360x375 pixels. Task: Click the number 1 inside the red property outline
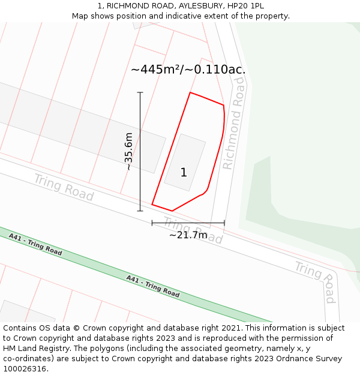click(x=184, y=173)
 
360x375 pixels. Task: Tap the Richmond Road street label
click(x=233, y=131)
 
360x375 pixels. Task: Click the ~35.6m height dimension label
click(x=128, y=152)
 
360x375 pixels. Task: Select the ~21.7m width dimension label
click(x=188, y=235)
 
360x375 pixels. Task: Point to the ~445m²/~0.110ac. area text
click(x=188, y=70)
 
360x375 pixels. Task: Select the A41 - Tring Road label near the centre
click(x=153, y=286)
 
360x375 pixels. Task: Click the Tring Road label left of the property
click(x=64, y=187)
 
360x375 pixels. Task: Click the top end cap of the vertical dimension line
click(x=140, y=92)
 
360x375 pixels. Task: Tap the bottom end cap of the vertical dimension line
click(x=140, y=211)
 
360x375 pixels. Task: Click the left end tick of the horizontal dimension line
click(x=152, y=223)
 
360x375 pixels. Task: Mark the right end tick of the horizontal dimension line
click(x=224, y=223)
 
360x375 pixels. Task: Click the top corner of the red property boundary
click(x=190, y=92)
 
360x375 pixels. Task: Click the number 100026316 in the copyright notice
click(x=23, y=368)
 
